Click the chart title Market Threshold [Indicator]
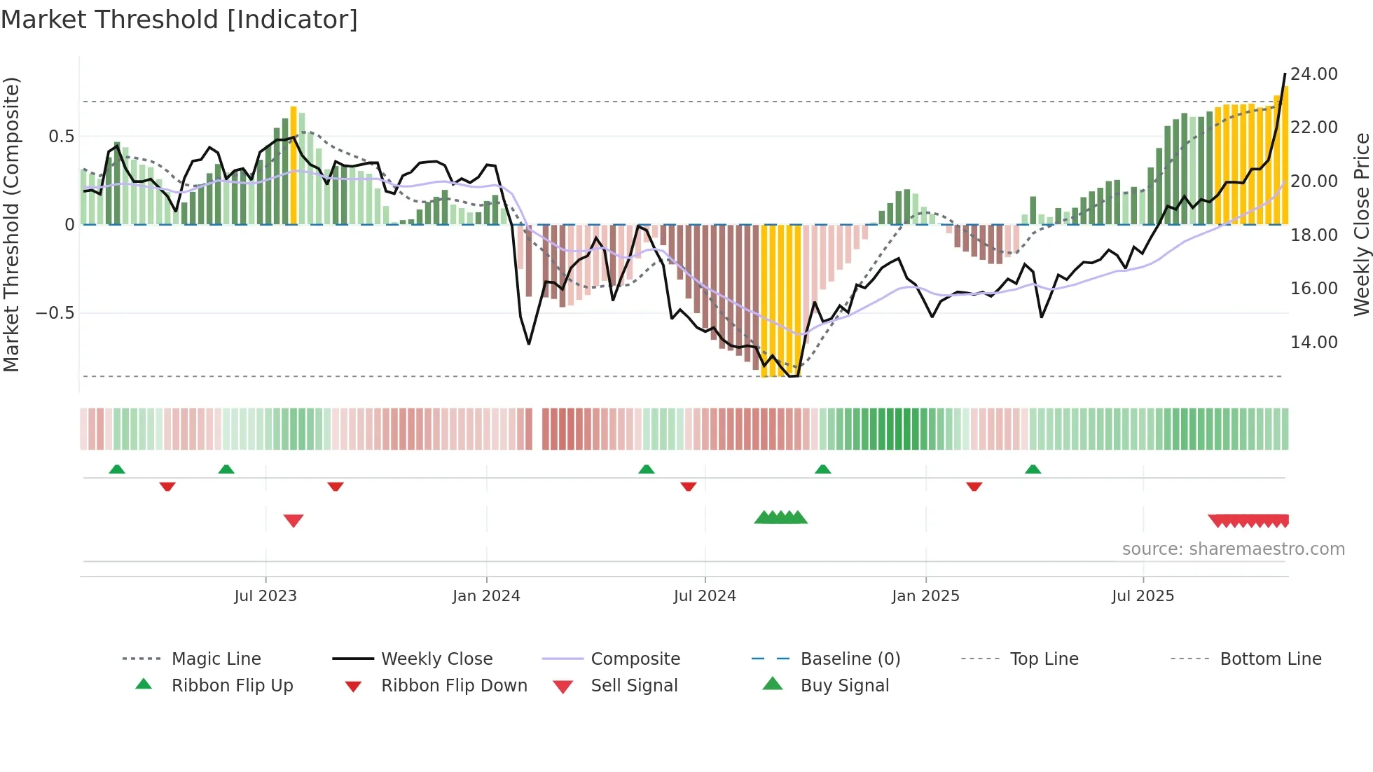179,20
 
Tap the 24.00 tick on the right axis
1313,74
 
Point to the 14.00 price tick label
1313,343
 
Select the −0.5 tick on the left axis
55,313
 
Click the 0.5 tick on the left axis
61,137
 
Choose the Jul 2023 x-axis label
265,596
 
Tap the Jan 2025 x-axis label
925,596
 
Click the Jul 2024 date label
705,596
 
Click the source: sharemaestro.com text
1233,549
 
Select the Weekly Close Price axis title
1361,224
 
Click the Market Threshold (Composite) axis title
11,224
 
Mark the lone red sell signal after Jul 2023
294,521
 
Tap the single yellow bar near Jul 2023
294,165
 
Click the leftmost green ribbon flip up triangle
117,469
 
